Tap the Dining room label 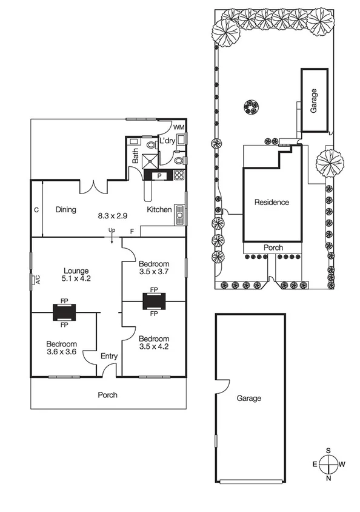point(65,210)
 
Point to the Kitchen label point(159,210)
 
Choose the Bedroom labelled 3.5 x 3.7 point(154,264)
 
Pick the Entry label point(109,357)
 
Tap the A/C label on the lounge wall point(36,280)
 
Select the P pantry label point(159,176)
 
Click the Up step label point(112,230)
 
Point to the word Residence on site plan point(272,203)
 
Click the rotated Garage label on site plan point(314,101)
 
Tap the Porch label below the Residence point(273,248)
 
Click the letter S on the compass point(328,450)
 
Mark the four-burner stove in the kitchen point(179,175)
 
